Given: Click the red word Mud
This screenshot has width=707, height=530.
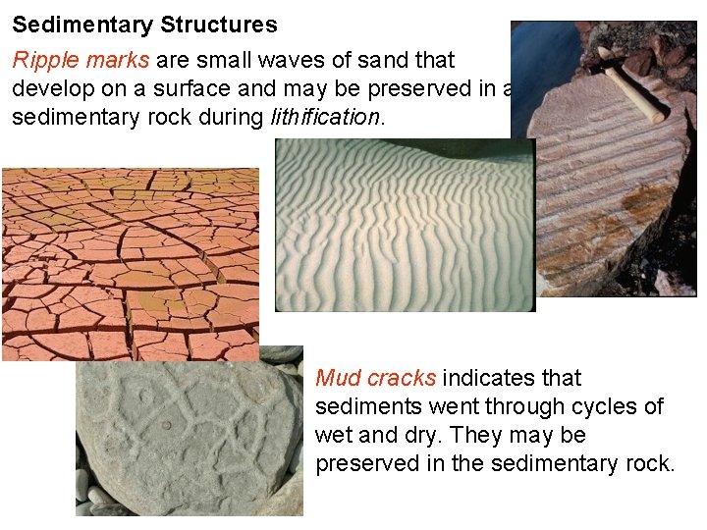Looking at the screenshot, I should [337, 378].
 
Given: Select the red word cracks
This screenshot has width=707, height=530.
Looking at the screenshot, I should [403, 378].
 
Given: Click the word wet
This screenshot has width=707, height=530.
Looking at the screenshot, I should [333, 435].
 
